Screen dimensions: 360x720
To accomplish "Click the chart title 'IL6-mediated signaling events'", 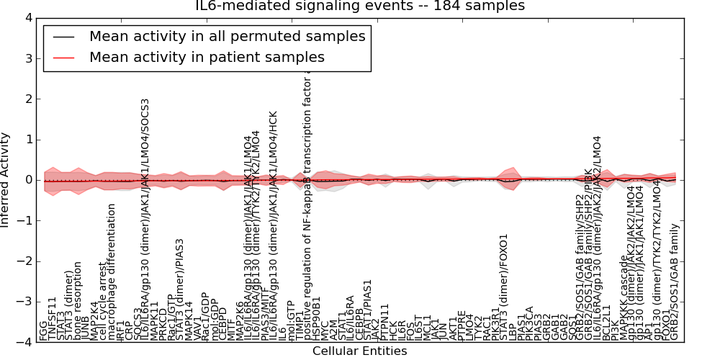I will pos(360,6).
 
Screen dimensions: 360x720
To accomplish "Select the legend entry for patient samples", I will pos(207,57).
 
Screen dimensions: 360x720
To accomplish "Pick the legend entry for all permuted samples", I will pos(227,36).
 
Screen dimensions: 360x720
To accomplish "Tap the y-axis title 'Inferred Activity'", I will pos(6,180).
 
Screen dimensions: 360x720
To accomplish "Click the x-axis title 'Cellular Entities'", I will pos(359,351).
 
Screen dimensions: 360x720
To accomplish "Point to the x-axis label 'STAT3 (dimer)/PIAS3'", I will pos(180,289).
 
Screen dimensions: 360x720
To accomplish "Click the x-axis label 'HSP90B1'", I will pos(316,317).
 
